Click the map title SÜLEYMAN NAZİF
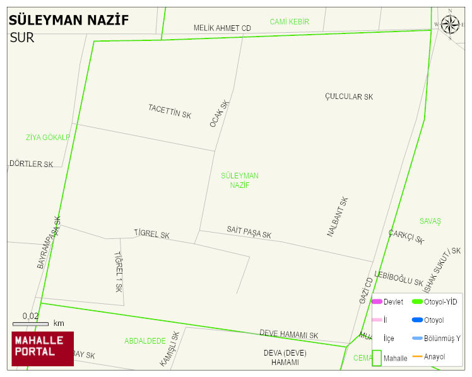tap(69, 20)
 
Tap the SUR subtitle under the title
tap(22, 38)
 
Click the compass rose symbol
tap(450, 25)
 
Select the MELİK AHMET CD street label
tap(222, 28)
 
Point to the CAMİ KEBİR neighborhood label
tap(290, 22)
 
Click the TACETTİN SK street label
tap(170, 112)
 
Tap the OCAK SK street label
tap(220, 113)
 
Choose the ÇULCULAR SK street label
tap(349, 96)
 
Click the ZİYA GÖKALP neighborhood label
tap(48, 137)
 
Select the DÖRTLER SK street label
tap(32, 164)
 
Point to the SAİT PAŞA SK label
tap(249, 232)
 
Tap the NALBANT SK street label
tap(338, 217)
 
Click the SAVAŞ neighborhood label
tap(430, 221)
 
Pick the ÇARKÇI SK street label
tap(406, 236)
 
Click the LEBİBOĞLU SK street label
tap(399, 278)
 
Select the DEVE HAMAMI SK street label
tap(289, 335)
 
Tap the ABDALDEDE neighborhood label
tap(145, 341)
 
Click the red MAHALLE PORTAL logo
tap(42, 349)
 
